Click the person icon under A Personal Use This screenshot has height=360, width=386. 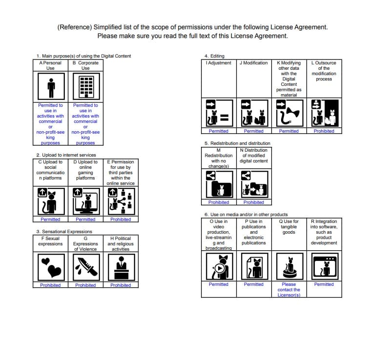pyautogui.click(x=50, y=87)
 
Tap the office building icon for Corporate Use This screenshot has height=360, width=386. pyautogui.click(x=85, y=87)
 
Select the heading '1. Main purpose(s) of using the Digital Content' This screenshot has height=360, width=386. pyautogui.click(x=84, y=56)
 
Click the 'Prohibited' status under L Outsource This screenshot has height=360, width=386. pyautogui.click(x=324, y=131)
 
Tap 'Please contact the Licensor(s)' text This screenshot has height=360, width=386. pyautogui.click(x=289, y=290)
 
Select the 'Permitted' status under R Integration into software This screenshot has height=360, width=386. pyautogui.click(x=324, y=284)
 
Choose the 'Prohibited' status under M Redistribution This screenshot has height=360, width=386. pyautogui.click(x=219, y=202)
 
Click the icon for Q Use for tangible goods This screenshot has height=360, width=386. pyautogui.click(x=289, y=267)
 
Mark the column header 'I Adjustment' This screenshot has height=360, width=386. pyautogui.click(x=219, y=63)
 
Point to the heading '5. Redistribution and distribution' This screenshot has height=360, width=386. pyautogui.click(x=237, y=143)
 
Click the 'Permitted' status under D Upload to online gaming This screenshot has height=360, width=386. pyautogui.click(x=85, y=220)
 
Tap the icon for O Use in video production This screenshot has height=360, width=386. pyautogui.click(x=219, y=267)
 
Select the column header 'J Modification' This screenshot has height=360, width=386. pyautogui.click(x=254, y=63)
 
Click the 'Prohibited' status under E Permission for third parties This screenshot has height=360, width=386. pyautogui.click(x=121, y=220)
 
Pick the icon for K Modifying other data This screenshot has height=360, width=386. pyautogui.click(x=289, y=113)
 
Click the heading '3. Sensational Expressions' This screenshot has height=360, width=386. pyautogui.click(x=64, y=231)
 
